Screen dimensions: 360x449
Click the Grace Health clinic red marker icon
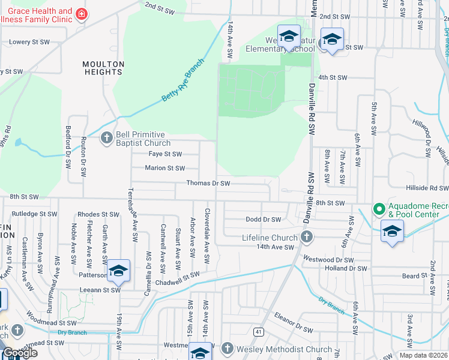tap(81, 15)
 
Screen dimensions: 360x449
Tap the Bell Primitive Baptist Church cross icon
tap(106, 138)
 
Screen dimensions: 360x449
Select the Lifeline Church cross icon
tap(307, 237)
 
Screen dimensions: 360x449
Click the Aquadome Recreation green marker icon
tap(378, 209)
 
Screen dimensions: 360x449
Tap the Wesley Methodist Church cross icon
tap(227, 349)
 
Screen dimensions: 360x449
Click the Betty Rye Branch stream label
tap(183, 84)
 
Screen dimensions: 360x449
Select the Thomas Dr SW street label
tap(208, 183)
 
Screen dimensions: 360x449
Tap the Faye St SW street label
tap(165, 154)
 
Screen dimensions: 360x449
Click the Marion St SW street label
tap(164, 168)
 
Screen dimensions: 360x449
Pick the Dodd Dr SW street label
tap(264, 220)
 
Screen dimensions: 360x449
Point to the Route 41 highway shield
tap(258, 331)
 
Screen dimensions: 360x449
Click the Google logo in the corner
tap(20, 353)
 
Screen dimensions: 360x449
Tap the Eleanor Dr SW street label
tap(294, 329)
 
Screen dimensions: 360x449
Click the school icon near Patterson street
tap(118, 271)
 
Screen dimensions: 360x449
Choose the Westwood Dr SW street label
tap(328, 260)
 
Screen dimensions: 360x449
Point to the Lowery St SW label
tap(28, 43)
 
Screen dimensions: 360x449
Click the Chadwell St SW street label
tap(177, 275)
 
